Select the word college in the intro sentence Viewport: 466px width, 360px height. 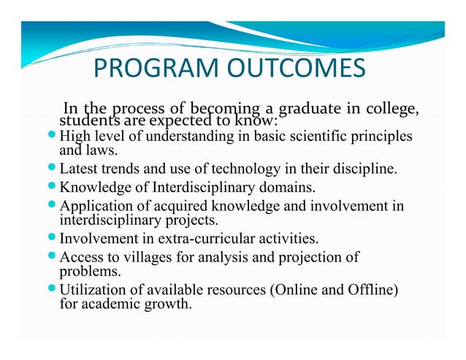[x=394, y=110]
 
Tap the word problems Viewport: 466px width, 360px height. [x=85, y=271]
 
